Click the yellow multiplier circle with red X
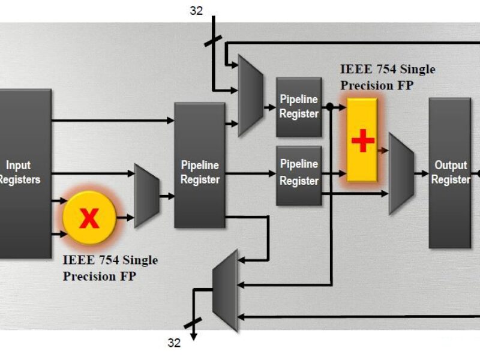89,218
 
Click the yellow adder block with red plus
362,140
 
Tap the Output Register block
450,173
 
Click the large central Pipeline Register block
199,165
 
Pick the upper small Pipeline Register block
299,106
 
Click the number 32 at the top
196,10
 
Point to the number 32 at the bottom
174,343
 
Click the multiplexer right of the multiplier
146,195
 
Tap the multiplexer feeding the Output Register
401,174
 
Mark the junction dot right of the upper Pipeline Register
329,107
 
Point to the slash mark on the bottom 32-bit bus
193,325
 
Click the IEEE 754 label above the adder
388,77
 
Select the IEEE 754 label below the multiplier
110,268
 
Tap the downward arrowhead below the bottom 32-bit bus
193,337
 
